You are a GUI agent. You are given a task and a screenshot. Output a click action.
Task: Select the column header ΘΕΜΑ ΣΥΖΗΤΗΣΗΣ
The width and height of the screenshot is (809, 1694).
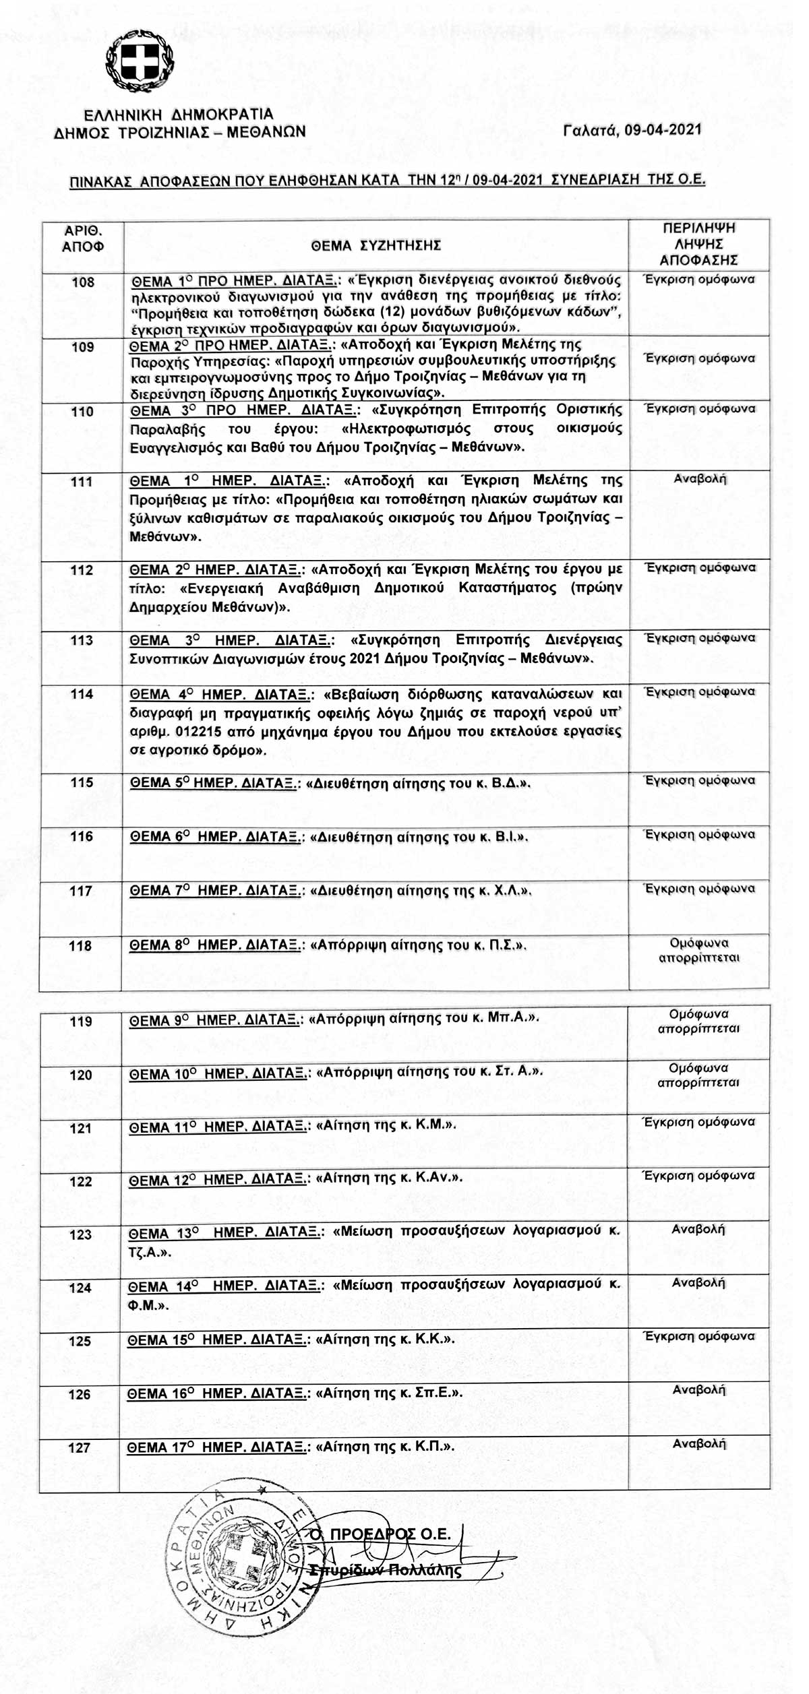click(x=376, y=246)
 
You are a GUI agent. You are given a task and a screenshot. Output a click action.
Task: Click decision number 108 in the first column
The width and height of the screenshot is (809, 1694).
click(x=83, y=282)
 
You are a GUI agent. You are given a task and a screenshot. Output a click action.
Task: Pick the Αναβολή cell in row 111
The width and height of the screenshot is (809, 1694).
click(x=700, y=479)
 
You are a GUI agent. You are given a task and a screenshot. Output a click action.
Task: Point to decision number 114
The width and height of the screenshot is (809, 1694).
click(x=82, y=694)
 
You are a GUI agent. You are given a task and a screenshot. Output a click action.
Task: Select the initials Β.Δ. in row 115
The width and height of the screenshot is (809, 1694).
click(x=510, y=783)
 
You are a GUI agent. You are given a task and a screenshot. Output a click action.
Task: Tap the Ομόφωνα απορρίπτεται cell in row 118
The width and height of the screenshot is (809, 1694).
click(x=699, y=950)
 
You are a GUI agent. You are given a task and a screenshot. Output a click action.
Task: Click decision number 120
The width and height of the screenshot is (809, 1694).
click(x=81, y=1075)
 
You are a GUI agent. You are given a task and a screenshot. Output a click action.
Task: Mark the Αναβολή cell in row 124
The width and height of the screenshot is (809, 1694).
click(x=698, y=1282)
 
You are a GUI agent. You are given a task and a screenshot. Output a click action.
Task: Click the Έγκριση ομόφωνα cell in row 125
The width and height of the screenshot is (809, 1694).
click(x=699, y=1336)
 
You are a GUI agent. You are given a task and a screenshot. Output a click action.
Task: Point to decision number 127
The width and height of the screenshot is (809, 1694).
click(x=80, y=1447)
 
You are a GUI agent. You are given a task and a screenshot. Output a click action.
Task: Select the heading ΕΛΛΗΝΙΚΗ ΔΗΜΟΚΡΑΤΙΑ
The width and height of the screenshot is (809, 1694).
click(x=179, y=114)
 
